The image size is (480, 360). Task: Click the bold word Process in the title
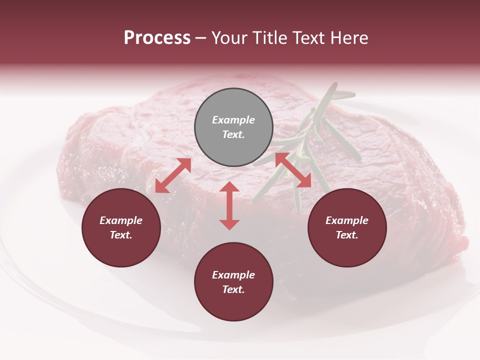click(157, 38)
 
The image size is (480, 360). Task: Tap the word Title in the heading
click(269, 38)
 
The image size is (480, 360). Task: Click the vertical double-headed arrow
click(229, 205)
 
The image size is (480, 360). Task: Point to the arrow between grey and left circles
click(173, 175)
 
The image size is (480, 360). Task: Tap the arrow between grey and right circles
click(293, 170)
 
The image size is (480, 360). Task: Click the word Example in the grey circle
click(233, 120)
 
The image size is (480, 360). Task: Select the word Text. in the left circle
click(121, 235)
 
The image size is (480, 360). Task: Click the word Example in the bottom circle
click(233, 275)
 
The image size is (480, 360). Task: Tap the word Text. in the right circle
click(347, 235)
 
